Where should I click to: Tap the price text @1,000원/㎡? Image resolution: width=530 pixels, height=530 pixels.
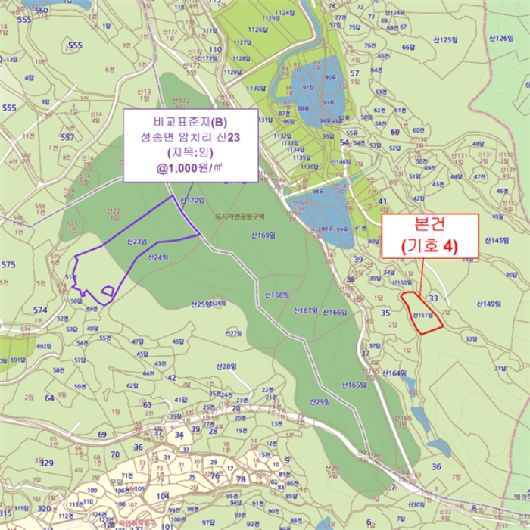pyautogui.click(x=190, y=168)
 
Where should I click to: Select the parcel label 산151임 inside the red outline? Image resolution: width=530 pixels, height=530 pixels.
pyautogui.click(x=422, y=316)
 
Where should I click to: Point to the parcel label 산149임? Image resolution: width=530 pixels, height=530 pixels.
pyautogui.click(x=489, y=304)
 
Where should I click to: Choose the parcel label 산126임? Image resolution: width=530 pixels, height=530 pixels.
pyautogui.click(x=502, y=37)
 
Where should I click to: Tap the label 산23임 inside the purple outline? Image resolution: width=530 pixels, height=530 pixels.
pyautogui.click(x=137, y=242)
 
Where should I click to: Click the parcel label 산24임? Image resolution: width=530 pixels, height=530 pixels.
pyautogui.click(x=158, y=257)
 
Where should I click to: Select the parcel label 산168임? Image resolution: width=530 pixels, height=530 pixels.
pyautogui.click(x=277, y=294)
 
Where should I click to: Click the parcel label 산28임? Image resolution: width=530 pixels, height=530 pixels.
pyautogui.click(x=225, y=366)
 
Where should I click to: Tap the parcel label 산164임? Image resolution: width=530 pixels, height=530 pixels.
pyautogui.click(x=394, y=373)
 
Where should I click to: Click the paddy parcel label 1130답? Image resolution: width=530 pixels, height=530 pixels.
pyautogui.click(x=256, y=88)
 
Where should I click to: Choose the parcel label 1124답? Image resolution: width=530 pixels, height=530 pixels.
pyautogui.click(x=285, y=13)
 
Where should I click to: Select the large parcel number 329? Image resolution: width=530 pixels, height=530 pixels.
pyautogui.click(x=47, y=463)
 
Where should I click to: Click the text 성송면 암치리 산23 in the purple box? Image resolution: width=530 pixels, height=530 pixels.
pyautogui.click(x=190, y=137)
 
